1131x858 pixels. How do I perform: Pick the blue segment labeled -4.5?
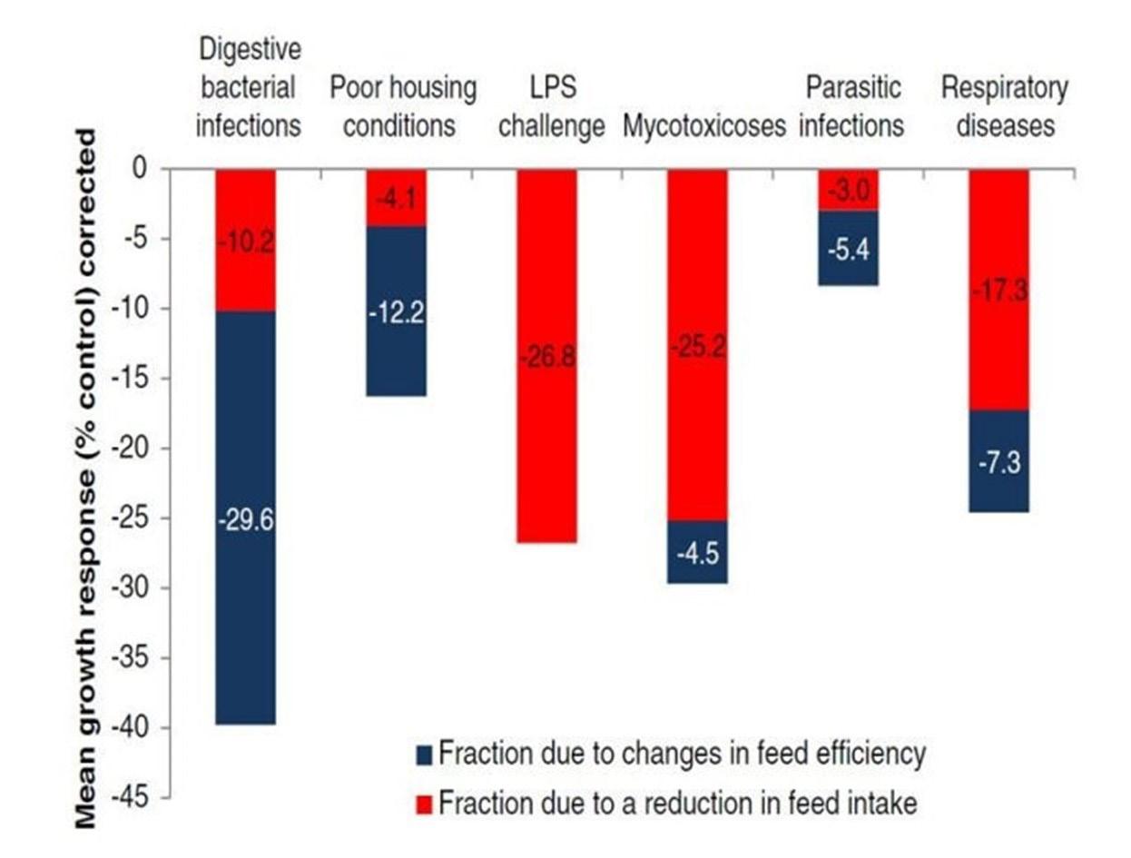tap(697, 552)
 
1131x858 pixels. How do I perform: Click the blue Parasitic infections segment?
tap(848, 248)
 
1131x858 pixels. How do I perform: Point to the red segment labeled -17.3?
tap(998, 291)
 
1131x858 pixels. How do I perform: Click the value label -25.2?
tap(697, 349)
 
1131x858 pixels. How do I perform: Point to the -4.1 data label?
tap(396, 199)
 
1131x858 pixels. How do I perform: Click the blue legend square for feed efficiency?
tap(424, 754)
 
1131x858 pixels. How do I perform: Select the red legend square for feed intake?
tap(424, 803)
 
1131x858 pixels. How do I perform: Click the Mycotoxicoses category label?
tap(703, 126)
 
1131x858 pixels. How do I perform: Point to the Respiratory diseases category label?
tap(1004, 107)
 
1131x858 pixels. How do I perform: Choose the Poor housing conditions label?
tap(402, 107)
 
